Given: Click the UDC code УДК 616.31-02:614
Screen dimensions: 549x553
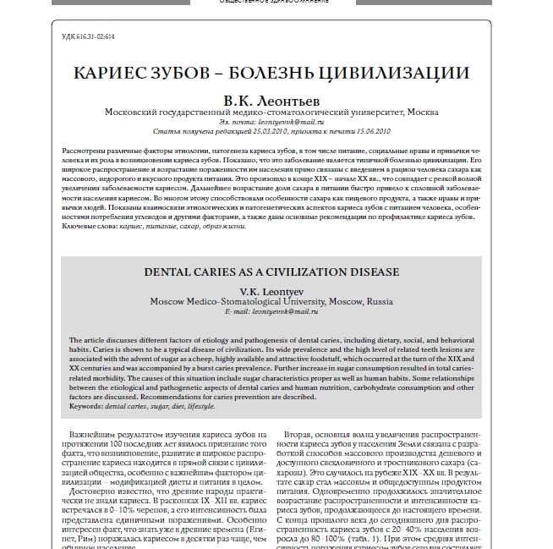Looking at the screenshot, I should (89, 37).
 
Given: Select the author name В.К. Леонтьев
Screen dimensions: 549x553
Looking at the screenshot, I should (271, 100).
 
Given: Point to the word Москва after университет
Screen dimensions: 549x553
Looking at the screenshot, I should (422, 112).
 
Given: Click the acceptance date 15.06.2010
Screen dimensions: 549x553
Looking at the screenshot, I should (371, 132).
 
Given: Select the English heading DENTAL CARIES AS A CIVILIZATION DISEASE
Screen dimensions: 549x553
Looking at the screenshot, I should (271, 273).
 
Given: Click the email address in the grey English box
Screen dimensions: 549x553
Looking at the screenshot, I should (282, 312).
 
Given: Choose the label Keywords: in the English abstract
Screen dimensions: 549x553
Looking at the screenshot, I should (85, 407).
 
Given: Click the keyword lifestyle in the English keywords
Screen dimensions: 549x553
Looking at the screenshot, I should (201, 407).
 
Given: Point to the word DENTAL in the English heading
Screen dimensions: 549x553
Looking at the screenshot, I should (171, 273).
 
